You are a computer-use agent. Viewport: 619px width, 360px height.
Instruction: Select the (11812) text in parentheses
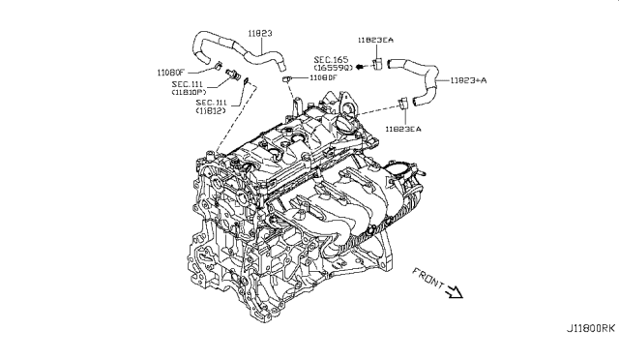tap(209, 111)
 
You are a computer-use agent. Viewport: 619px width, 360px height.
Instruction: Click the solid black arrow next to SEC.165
tap(359, 66)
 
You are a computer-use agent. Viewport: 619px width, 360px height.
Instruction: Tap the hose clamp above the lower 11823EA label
tap(400, 104)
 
